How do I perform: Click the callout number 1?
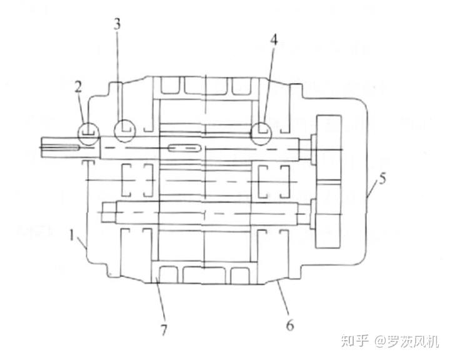tap(72, 236)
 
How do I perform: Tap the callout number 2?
tap(78, 87)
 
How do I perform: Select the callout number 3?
tap(117, 25)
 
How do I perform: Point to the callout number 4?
tap(274, 40)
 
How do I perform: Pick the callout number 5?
tap(382, 179)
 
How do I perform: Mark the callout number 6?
tap(290, 326)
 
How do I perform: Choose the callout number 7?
tap(164, 330)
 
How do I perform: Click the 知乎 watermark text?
tap(355, 341)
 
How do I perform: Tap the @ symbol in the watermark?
tap(379, 341)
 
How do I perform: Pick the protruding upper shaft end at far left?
tap(70, 147)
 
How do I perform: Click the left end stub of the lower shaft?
tap(109, 212)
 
